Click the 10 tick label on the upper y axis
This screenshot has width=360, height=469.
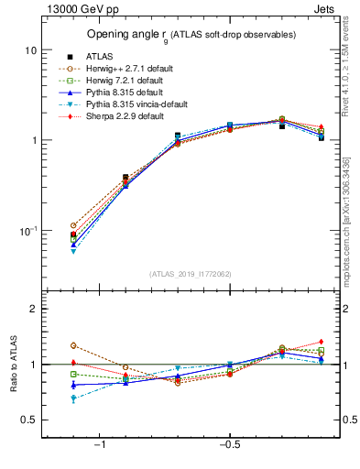tap(30, 49)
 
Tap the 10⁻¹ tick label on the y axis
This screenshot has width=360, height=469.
tap(27, 231)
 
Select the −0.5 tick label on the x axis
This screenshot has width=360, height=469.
tap(228, 446)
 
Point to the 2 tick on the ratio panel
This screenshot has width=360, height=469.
tap(33, 310)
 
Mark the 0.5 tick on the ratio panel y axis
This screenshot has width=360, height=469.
tap(29, 420)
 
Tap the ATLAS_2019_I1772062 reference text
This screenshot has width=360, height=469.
tap(191, 274)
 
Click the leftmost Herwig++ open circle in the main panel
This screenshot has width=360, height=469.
tap(73, 225)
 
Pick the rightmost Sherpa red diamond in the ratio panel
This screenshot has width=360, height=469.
tap(321, 342)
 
